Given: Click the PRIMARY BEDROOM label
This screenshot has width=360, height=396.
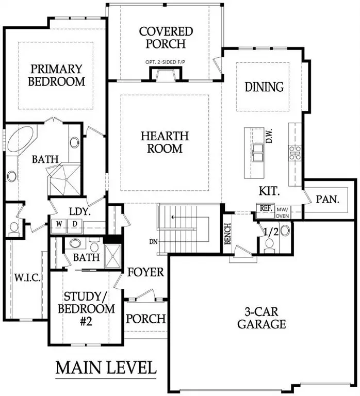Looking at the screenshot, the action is [x=57, y=75].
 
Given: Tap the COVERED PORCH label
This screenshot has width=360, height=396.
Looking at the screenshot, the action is [x=166, y=37].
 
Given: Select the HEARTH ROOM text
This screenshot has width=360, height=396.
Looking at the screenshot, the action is [x=165, y=142].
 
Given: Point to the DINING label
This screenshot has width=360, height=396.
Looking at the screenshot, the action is [x=264, y=87].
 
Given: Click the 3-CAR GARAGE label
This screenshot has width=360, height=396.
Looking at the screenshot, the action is [x=261, y=318].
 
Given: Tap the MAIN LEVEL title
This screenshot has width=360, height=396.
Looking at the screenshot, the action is [x=106, y=368].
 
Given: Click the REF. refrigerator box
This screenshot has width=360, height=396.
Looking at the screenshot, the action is [x=266, y=208].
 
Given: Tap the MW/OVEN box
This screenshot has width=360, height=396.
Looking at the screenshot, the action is [x=283, y=212].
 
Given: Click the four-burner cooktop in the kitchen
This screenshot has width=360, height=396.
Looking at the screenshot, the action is [x=295, y=153].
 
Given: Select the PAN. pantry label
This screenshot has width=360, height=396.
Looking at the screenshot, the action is [x=328, y=199].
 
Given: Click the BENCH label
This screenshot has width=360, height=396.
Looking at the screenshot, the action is [x=227, y=234].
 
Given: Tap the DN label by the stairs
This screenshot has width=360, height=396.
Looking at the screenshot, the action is [x=153, y=242].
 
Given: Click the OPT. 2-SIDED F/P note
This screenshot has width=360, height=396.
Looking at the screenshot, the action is [x=163, y=62].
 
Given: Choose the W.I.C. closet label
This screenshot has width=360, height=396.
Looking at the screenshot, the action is [x=27, y=278].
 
